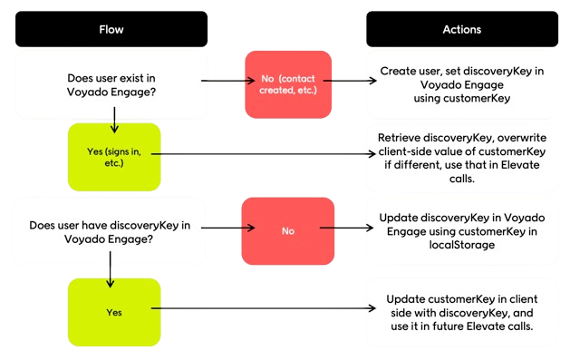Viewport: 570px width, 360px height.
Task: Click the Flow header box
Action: click(x=111, y=29)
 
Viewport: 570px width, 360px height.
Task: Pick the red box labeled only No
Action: click(x=286, y=231)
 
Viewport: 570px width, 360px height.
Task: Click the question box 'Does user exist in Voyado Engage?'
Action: click(x=111, y=85)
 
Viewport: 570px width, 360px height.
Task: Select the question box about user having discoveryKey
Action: click(x=111, y=231)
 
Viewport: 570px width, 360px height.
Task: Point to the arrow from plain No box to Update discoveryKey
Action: click(x=349, y=231)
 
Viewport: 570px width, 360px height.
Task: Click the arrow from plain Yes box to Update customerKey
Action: click(x=263, y=310)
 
